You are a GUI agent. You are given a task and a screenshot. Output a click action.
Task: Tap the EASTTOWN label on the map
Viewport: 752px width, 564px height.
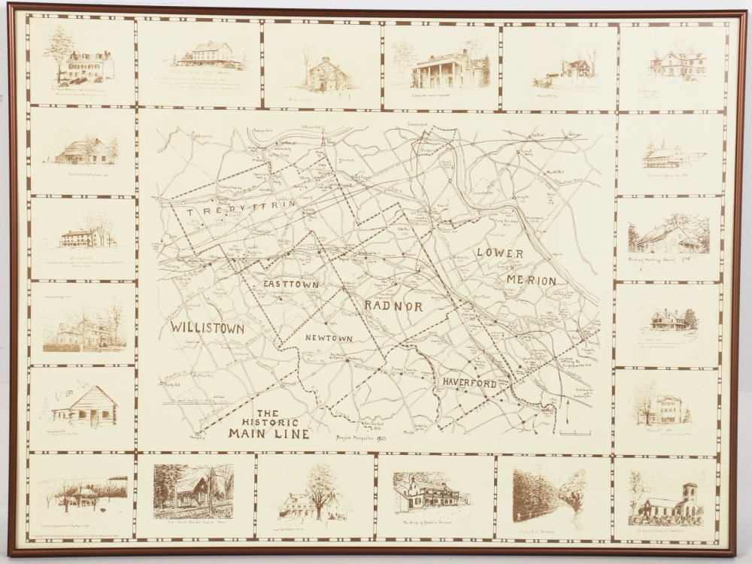[291, 285]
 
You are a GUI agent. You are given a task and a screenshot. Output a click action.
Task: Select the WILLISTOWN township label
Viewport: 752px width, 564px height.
[207, 328]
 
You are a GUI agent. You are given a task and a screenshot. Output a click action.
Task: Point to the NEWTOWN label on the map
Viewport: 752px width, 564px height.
[329, 338]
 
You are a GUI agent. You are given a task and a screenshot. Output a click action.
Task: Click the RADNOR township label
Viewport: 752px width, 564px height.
[393, 306]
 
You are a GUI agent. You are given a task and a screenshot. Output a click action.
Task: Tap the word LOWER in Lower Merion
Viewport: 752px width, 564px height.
[499, 253]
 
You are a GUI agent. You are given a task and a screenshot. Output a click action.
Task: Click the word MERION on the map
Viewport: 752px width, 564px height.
[531, 280]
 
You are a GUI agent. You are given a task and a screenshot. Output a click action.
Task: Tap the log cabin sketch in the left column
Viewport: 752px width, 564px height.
[84, 406]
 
